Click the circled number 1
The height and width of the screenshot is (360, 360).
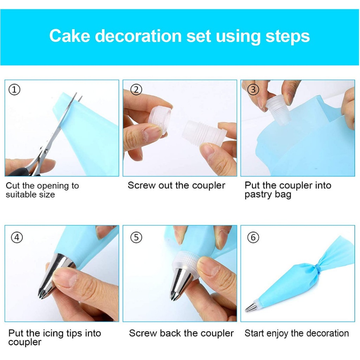coord(14,90)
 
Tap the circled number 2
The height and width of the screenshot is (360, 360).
coord(136,90)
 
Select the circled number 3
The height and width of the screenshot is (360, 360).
coord(253,90)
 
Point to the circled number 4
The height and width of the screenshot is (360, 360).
coord(17,237)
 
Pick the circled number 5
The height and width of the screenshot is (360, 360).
coord(136,237)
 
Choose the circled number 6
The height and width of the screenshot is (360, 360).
coord(253,237)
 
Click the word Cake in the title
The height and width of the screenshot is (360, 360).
coord(69,36)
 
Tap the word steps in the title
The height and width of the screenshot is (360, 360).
coord(288,37)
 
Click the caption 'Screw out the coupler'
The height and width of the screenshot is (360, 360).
coord(176,185)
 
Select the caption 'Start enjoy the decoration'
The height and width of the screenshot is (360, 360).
coord(297,333)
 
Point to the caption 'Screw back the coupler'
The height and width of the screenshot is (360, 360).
coord(181,333)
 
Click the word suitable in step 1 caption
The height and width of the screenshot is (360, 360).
coord(20,195)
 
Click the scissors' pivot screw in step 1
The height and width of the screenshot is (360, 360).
coord(46,151)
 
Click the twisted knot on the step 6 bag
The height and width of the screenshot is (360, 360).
coord(317,268)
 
